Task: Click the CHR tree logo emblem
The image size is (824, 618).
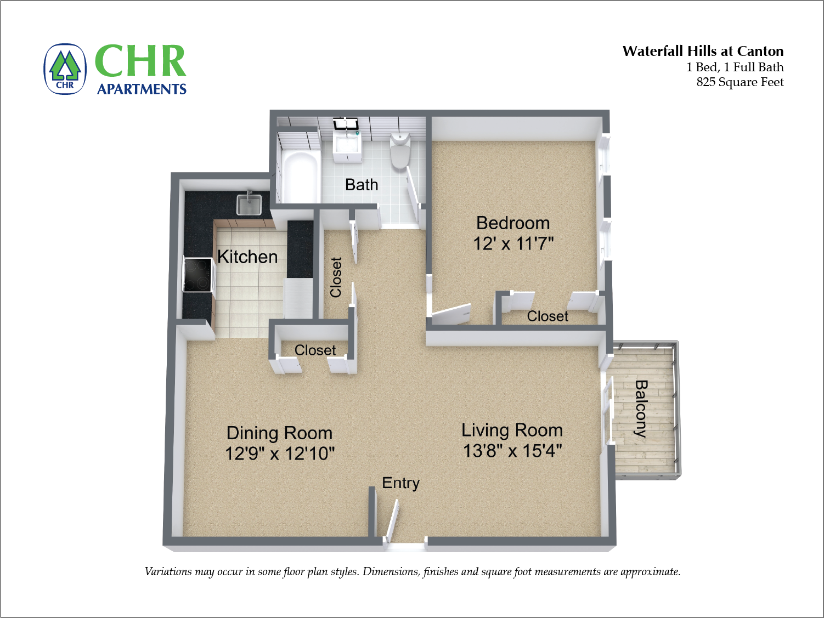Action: coord(65,69)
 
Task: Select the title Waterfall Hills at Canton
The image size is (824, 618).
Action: coord(703,52)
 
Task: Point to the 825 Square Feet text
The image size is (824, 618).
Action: coord(740,82)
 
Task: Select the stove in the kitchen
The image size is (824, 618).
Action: coord(197,275)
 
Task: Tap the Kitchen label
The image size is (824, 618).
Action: coord(247,257)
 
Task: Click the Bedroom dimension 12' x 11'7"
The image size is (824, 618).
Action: coord(513,243)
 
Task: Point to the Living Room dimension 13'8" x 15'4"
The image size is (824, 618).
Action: coord(512,451)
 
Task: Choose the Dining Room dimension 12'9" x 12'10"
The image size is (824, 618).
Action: coord(280,453)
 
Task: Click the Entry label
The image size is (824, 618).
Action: coord(400,483)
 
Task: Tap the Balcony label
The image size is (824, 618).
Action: coord(641,408)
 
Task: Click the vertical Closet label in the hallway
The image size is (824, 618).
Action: coord(336,277)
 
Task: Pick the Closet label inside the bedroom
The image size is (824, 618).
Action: coord(548,316)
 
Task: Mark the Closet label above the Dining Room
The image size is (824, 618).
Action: coord(315,350)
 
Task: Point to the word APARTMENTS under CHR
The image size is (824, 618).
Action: coord(142,89)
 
